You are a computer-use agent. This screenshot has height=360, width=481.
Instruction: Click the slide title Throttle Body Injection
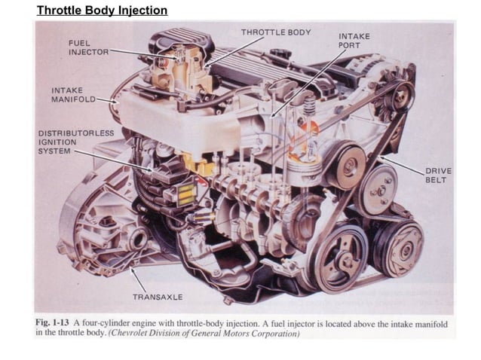(102, 11)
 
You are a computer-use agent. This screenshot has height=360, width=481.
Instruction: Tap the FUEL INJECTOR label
(88, 47)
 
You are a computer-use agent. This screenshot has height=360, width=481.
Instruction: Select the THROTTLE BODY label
(275, 32)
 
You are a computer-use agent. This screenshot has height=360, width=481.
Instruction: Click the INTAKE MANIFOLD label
(73, 95)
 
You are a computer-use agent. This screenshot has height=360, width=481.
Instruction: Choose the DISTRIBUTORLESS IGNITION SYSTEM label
(76, 142)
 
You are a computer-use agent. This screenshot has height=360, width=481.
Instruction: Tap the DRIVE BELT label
(438, 175)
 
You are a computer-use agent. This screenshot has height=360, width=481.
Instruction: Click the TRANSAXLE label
(158, 297)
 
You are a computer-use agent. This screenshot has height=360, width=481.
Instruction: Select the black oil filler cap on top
(280, 55)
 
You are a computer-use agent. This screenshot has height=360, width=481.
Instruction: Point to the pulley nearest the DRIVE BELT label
(378, 188)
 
